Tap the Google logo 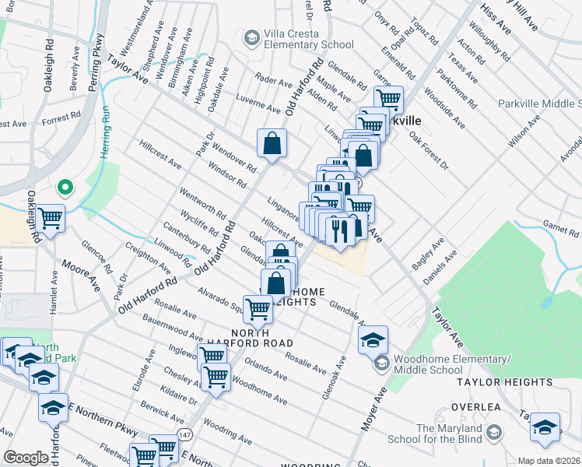click(26, 458)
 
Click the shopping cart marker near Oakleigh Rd click(51, 218)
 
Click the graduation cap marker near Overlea click(545, 427)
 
